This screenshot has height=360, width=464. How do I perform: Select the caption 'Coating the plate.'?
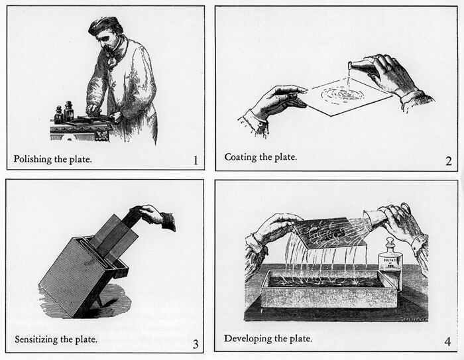[261, 157]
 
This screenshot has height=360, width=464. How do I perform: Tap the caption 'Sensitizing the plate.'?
[56, 339]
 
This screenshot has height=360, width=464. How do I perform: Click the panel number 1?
[194, 160]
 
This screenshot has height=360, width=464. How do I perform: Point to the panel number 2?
[448, 160]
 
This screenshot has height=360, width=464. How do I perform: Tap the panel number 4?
[447, 342]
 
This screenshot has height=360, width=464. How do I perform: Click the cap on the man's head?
[105, 25]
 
